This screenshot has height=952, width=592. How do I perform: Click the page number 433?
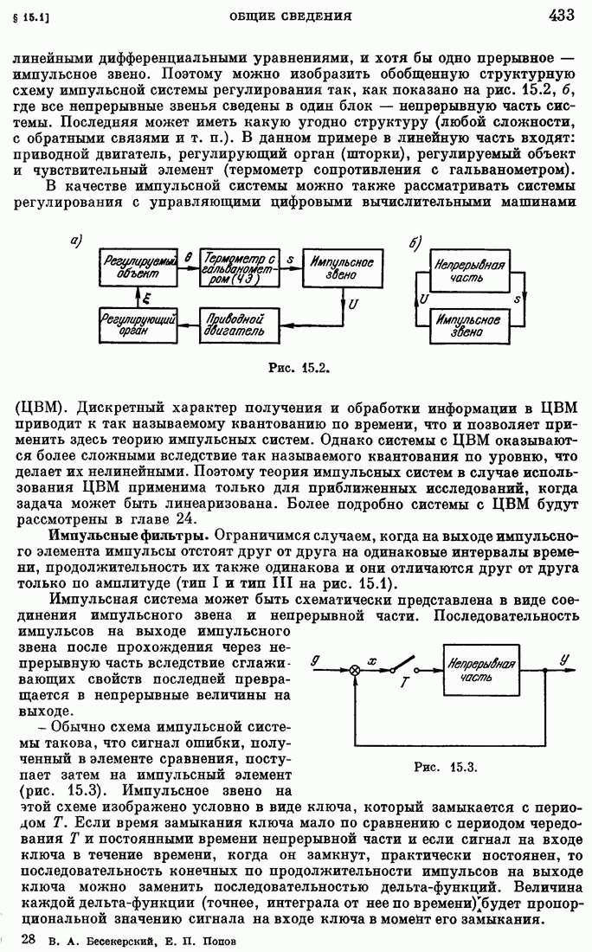[x=565, y=14]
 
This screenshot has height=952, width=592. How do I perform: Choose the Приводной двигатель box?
[x=238, y=325]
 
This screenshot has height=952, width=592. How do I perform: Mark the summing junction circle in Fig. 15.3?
[x=354, y=670]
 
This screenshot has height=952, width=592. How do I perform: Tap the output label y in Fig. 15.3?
[x=564, y=659]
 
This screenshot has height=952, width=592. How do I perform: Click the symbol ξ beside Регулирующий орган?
[x=146, y=298]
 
